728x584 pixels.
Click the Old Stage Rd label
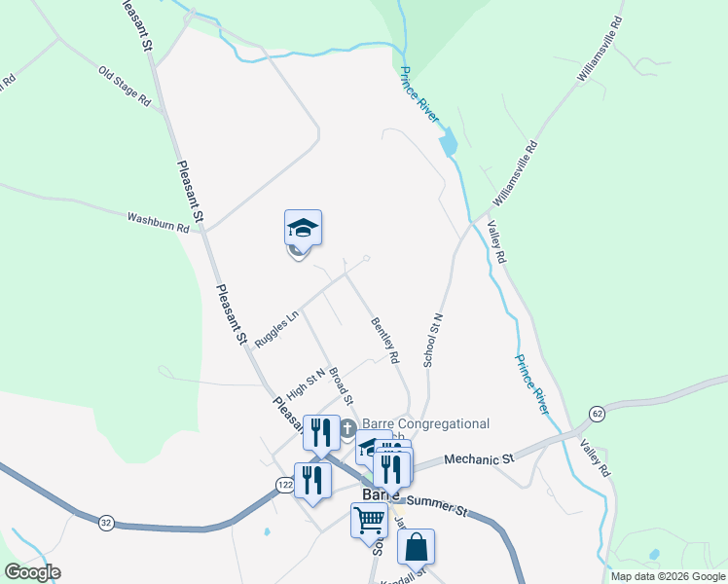[126, 86]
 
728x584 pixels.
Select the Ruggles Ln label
[276, 329]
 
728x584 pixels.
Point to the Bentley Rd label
[385, 341]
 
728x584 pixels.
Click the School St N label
[433, 340]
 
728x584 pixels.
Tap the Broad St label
[340, 385]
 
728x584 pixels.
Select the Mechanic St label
[478, 458]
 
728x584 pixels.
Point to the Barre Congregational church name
[425, 424]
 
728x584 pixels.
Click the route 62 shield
[597, 415]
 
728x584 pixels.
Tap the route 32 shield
[105, 524]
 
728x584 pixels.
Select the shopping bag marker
[416, 548]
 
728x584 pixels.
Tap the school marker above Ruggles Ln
[303, 229]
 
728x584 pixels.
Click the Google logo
[32, 572]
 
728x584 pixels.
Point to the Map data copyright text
[668, 576]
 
